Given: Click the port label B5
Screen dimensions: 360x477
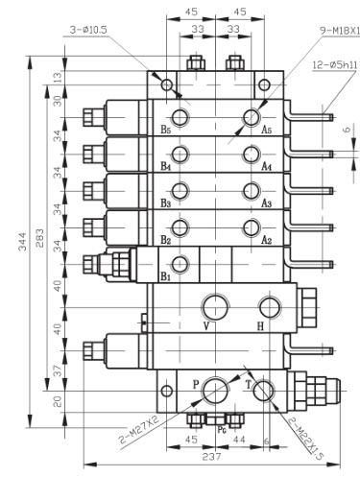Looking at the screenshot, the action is pos(165,129).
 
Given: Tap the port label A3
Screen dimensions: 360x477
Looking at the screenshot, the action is pos(267,203).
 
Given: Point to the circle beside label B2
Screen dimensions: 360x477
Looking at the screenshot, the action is pos(180,227).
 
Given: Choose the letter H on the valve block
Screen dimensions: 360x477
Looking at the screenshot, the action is pos(259,326).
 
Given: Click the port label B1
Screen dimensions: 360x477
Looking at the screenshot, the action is pos(165,277).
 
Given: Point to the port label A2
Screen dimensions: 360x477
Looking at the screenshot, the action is pos(267,240).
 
